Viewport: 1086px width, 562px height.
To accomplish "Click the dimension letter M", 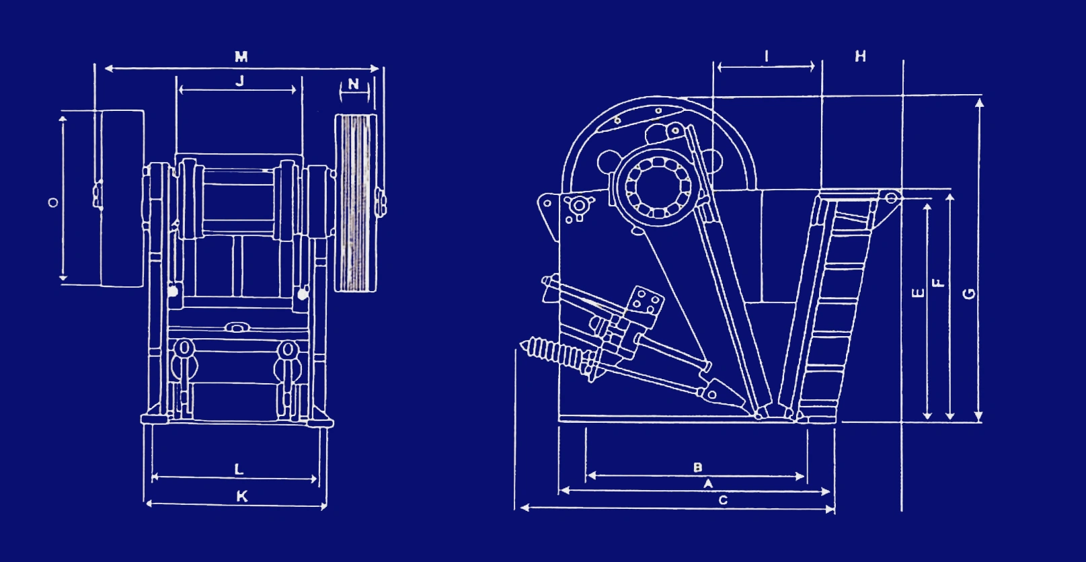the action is click(x=241, y=56).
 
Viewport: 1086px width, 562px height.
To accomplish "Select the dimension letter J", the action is click(x=240, y=81).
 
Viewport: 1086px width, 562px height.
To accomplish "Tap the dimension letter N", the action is click(x=354, y=84).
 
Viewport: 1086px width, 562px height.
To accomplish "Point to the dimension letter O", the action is click(x=53, y=202).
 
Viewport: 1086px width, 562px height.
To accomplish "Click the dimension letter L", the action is click(x=239, y=469).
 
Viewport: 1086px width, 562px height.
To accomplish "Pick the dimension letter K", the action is click(x=242, y=496).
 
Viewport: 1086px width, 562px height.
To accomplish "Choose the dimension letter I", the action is click(x=766, y=56).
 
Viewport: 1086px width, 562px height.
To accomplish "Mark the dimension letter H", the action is click(x=861, y=56).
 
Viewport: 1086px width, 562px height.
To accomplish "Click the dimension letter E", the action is click(x=919, y=293).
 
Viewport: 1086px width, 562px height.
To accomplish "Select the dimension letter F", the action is click(x=939, y=283).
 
